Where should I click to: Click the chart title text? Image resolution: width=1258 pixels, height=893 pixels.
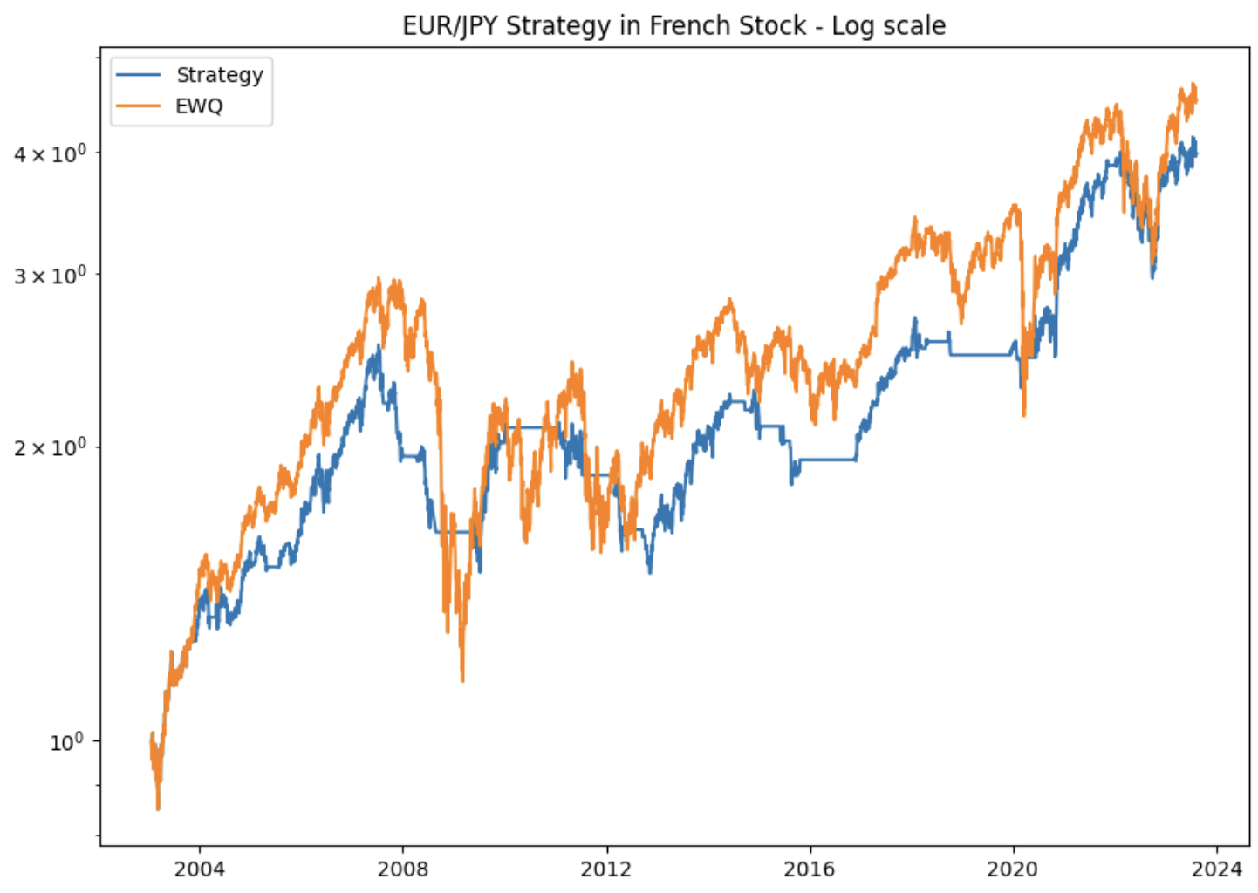pyautogui.click(x=673, y=25)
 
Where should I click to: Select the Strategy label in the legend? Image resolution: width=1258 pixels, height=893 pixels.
pyautogui.click(x=219, y=75)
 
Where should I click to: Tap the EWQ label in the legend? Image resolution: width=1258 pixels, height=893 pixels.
pyautogui.click(x=199, y=106)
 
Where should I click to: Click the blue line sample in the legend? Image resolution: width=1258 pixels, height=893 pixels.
pyautogui.click(x=139, y=75)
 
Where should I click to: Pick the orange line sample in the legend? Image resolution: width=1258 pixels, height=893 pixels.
pyautogui.click(x=139, y=106)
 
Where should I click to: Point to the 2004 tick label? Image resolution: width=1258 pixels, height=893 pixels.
pyautogui.click(x=199, y=869)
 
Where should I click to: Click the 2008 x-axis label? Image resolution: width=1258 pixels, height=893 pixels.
pyautogui.click(x=403, y=869)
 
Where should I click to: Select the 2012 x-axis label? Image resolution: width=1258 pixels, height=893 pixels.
pyautogui.click(x=606, y=869)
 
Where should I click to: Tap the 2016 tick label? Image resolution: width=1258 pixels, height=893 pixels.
pyautogui.click(x=810, y=869)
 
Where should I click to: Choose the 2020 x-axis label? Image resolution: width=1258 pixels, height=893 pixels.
pyautogui.click(x=1013, y=869)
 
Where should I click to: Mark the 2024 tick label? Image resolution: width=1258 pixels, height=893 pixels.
pyautogui.click(x=1216, y=869)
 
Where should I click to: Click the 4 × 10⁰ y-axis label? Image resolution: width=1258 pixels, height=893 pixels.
pyautogui.click(x=50, y=154)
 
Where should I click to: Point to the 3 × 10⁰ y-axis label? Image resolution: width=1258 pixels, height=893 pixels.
pyautogui.click(x=50, y=276)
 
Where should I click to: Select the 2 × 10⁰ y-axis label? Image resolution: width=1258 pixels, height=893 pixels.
pyautogui.click(x=50, y=448)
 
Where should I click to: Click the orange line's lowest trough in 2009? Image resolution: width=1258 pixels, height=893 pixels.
pyautogui.click(x=462, y=680)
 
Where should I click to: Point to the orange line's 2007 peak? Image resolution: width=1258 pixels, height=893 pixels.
pyautogui.click(x=379, y=279)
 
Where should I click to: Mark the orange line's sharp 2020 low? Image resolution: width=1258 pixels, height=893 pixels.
pyautogui.click(x=1024, y=415)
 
